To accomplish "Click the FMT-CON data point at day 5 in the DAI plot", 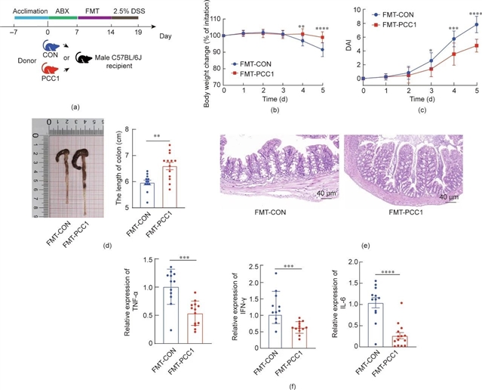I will coord(477,24).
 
